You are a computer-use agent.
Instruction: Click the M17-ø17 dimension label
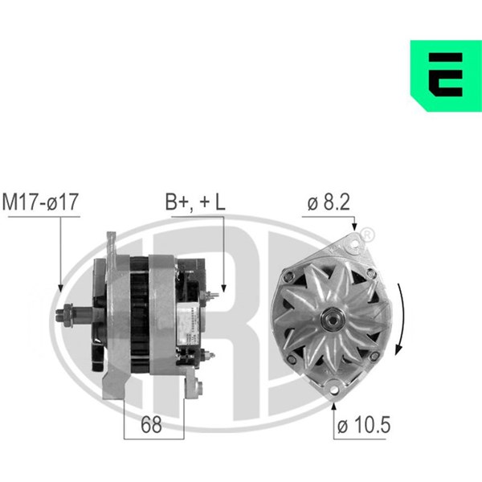pos(40,202)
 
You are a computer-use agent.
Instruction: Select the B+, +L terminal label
pos(195,202)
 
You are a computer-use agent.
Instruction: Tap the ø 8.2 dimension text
pos(329,202)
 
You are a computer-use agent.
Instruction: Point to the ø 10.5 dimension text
pos(364,425)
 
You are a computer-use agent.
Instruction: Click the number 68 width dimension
pos(151,424)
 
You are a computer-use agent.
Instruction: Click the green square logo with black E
pos(446,76)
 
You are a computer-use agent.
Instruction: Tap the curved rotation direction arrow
pos(401,319)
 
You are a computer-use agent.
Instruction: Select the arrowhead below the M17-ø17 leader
pos(60,288)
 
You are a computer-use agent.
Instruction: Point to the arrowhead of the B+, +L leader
pos(224,288)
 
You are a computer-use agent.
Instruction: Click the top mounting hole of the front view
pos(354,244)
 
